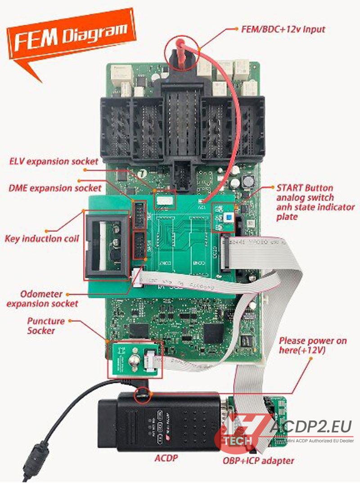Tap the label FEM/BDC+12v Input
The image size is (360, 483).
[x=281, y=29]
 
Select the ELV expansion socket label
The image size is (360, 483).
[x=54, y=161]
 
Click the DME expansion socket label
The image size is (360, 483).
[x=55, y=188]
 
